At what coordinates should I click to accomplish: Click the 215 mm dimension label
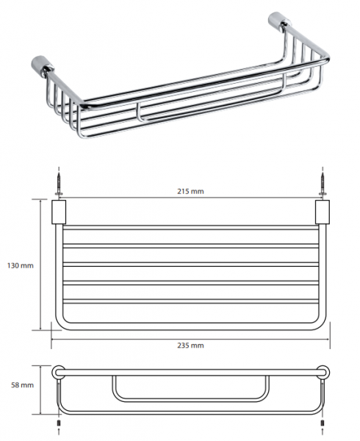pos(190,191)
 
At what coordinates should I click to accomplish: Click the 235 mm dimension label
pos(190,345)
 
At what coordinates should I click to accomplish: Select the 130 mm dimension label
pos(21,265)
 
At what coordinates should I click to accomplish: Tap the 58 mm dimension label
pos(22,385)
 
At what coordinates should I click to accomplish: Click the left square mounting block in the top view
pos(59,212)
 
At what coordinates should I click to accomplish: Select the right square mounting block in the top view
pos(323,212)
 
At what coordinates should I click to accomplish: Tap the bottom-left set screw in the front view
pos(59,423)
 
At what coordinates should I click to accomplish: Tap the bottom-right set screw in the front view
pos(323,423)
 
